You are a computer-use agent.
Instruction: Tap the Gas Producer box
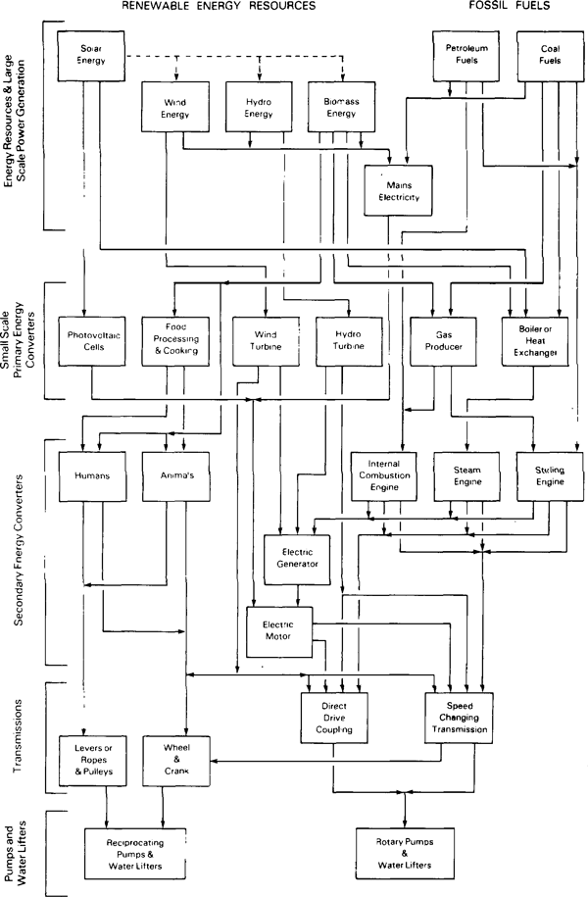tap(436, 340)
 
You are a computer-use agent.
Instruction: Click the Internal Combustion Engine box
tap(383, 474)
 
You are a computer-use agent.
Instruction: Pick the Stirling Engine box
tap(550, 474)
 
